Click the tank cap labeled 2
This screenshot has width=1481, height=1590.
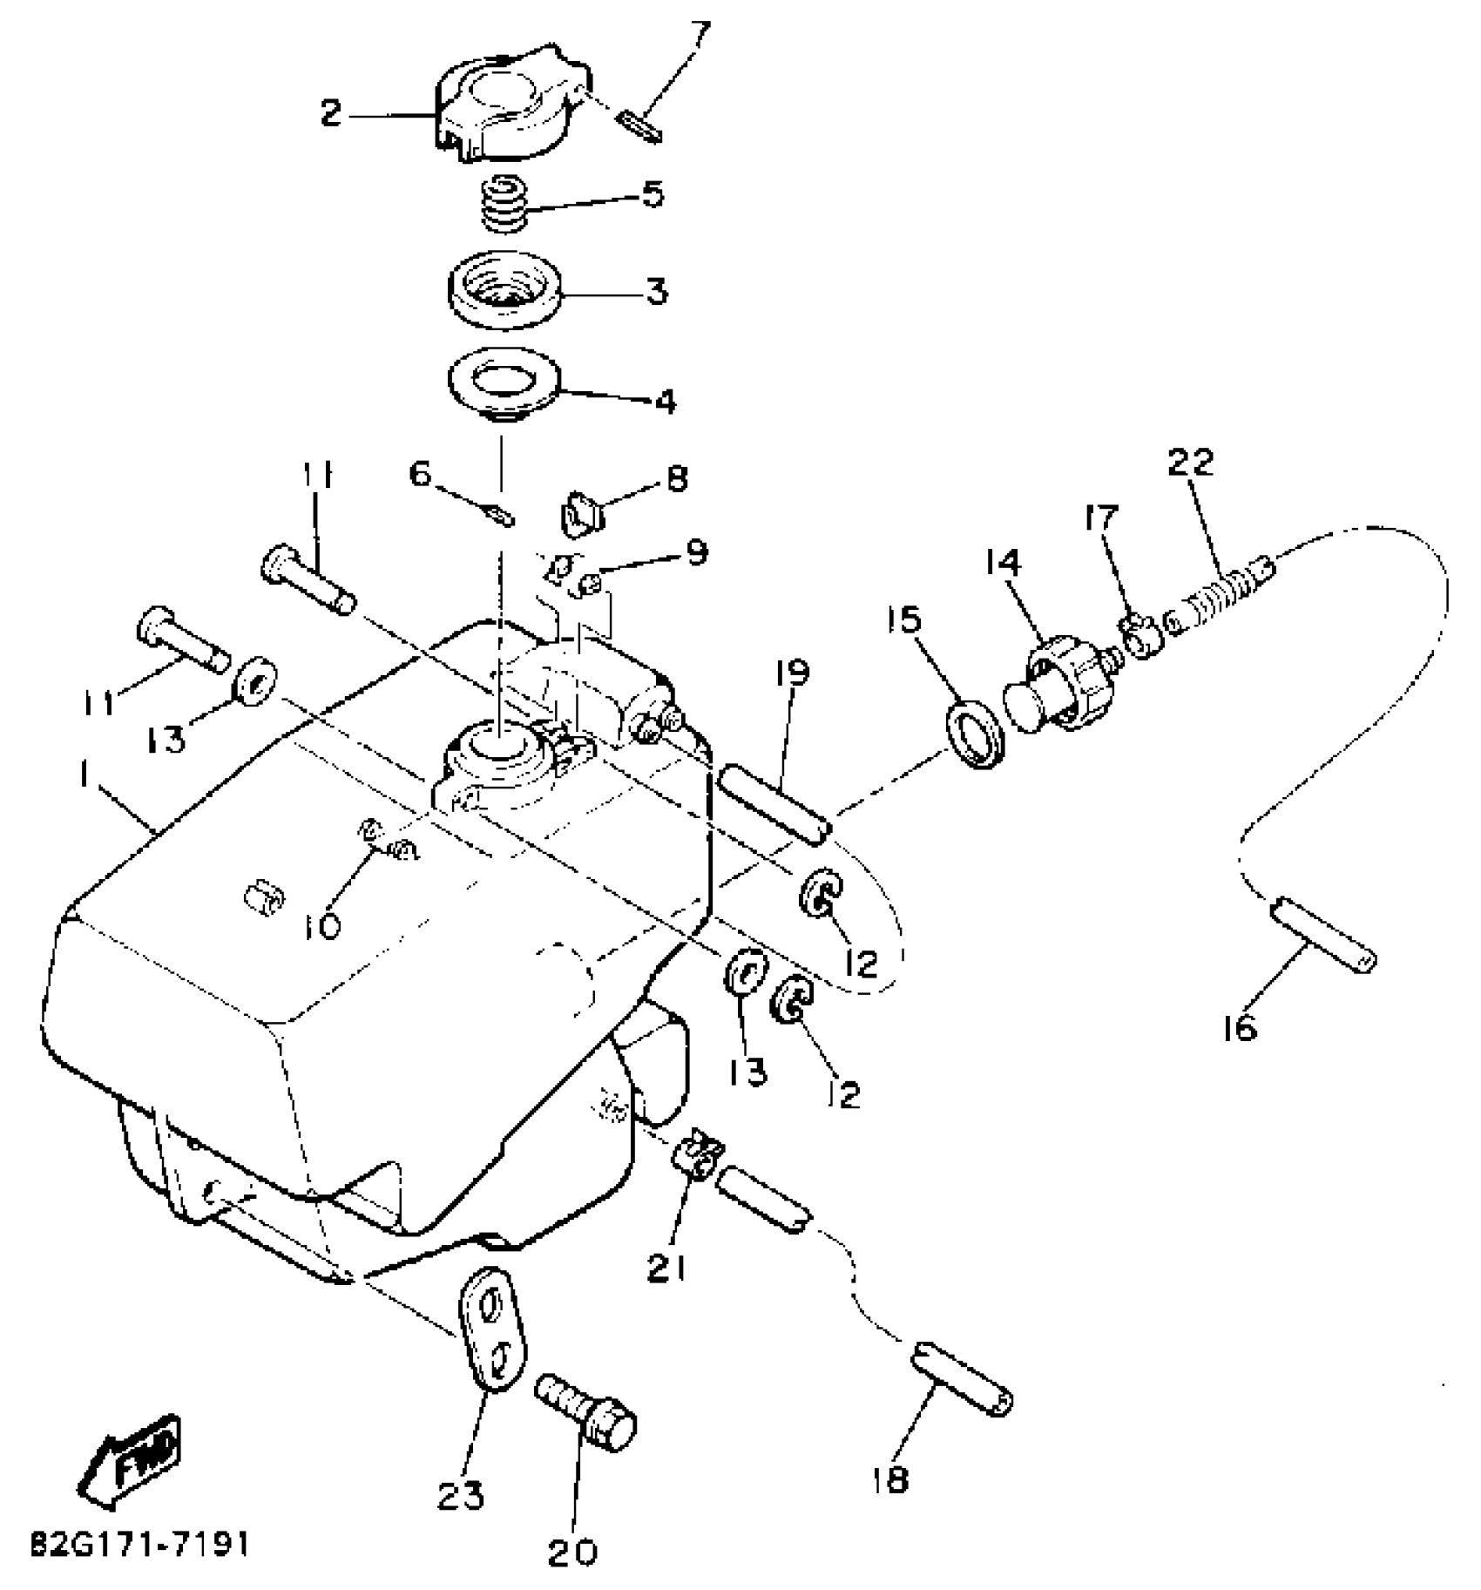(x=505, y=105)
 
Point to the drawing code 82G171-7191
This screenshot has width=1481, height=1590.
(x=139, y=1545)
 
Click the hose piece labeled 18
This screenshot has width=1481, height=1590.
(x=963, y=1390)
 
